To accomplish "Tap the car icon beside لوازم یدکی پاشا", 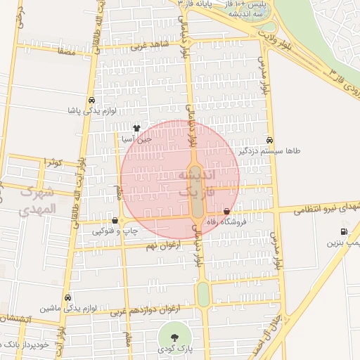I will (91, 100).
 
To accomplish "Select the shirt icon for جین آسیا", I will (136, 129).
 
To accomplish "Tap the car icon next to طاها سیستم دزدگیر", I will (271, 139).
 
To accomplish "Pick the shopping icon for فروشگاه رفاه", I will (226, 212).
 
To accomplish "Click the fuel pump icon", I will (343, 231).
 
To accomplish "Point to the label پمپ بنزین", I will (342, 243).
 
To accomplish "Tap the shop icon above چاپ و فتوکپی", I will (115, 219).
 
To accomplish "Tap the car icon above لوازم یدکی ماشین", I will (67, 297).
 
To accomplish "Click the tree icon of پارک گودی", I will (173, 336).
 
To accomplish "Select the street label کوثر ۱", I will (54, 162).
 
